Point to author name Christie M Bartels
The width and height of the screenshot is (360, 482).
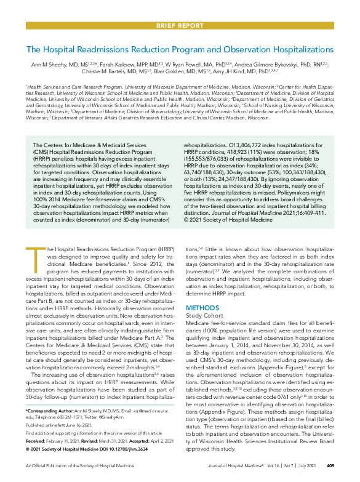(x=125, y=72)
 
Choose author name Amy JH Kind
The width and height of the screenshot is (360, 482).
(x=242, y=72)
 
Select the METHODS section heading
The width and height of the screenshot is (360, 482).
(x=202, y=307)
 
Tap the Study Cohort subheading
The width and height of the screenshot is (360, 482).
(x=206, y=315)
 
